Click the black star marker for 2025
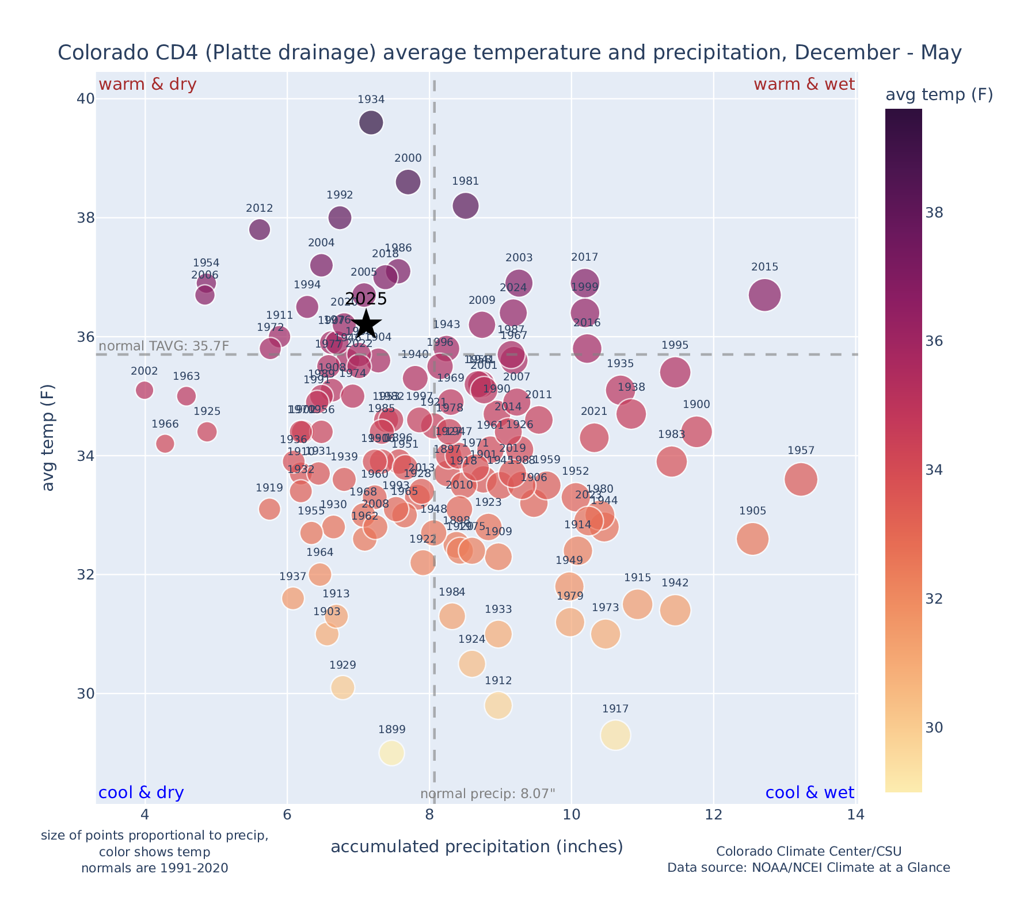366,325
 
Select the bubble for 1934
371,123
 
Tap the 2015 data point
764,295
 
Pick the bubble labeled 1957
801,479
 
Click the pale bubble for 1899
391,753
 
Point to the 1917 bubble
615,735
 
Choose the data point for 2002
144,390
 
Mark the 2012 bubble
260,229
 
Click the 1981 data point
466,205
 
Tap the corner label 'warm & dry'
147,85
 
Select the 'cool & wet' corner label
809,793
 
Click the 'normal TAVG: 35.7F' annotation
164,346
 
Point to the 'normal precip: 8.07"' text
488,794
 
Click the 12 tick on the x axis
713,815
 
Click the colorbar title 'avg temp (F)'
939,95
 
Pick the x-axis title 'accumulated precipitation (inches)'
477,846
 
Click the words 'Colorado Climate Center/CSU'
809,851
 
